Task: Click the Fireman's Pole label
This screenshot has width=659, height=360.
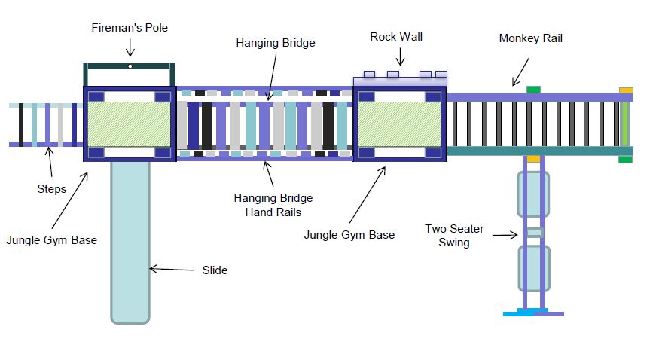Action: tap(130, 28)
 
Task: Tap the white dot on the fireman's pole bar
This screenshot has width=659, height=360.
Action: tap(130, 66)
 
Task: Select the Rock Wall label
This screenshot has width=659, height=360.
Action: tap(396, 37)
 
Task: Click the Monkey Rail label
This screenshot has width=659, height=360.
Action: tap(530, 38)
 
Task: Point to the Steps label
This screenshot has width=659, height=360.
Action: tap(52, 189)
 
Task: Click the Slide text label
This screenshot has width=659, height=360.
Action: tap(215, 270)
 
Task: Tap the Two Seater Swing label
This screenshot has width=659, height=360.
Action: tap(454, 236)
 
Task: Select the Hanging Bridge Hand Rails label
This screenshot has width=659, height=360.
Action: tap(273, 205)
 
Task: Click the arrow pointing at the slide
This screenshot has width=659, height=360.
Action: tap(172, 269)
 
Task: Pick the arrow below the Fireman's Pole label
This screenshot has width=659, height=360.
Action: tap(130, 47)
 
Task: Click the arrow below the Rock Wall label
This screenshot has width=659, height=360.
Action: tap(400, 56)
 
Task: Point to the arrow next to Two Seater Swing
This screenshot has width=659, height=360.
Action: tap(505, 235)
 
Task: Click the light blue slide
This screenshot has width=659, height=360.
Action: tap(130, 243)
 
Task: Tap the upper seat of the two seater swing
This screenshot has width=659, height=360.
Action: tap(533, 194)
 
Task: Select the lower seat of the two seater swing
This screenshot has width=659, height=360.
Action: tap(534, 269)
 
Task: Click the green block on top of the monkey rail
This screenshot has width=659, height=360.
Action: tap(533, 90)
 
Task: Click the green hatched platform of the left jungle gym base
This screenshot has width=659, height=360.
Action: tap(129, 124)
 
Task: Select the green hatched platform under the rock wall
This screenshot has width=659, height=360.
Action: tap(399, 125)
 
